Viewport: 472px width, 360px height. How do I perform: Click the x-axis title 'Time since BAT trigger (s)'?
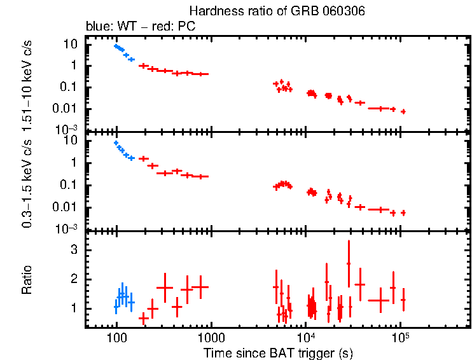click(278, 352)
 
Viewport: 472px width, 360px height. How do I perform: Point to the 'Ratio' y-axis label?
click(27, 280)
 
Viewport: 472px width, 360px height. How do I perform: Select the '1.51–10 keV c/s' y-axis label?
click(27, 85)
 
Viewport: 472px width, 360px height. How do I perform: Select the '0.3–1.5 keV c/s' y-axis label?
click(27, 184)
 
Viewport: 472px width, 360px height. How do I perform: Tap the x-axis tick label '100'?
click(116, 338)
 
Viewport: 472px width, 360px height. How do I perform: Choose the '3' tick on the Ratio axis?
click(74, 251)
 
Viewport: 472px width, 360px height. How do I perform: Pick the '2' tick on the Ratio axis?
click(74, 279)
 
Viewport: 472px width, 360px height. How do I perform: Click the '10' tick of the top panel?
click(72, 44)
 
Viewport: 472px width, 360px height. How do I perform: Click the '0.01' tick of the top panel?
click(69, 107)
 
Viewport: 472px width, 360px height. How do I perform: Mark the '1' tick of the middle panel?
click(74, 163)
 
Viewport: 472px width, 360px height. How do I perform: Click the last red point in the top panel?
click(403, 111)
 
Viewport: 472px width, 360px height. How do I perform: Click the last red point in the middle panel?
click(403, 212)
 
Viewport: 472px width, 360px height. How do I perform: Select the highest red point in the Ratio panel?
click(349, 263)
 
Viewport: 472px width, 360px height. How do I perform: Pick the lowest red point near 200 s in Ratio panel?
click(143, 317)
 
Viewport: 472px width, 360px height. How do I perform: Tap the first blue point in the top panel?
click(116, 46)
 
